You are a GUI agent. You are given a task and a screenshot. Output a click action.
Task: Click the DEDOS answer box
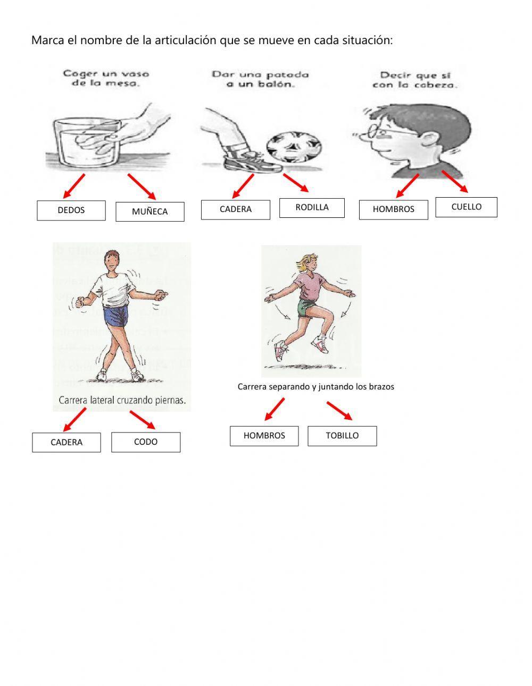click(71, 210)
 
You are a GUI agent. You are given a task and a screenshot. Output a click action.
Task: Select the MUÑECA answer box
click(149, 211)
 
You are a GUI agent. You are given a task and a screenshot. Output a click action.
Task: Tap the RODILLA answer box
click(312, 208)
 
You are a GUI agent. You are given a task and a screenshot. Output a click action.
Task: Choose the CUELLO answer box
click(466, 207)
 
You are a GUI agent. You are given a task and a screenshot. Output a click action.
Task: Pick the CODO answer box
click(146, 442)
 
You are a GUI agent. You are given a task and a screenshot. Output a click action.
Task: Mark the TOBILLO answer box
click(342, 436)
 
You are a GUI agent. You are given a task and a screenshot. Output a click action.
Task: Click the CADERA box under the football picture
click(235, 209)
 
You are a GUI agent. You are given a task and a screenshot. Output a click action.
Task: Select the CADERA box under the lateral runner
click(66, 442)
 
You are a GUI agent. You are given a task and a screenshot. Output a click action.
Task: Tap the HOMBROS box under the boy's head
click(393, 209)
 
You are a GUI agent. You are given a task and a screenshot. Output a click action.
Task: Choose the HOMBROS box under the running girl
click(264, 436)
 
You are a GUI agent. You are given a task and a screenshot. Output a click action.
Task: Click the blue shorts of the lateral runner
click(115, 316)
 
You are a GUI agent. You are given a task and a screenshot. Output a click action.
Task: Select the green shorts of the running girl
click(306, 308)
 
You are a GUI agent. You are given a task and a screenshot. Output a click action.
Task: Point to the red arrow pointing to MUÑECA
click(142, 187)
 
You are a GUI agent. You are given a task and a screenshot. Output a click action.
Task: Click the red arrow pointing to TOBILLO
click(339, 411)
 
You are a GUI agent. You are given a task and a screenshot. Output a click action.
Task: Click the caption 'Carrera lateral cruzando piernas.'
click(122, 400)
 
